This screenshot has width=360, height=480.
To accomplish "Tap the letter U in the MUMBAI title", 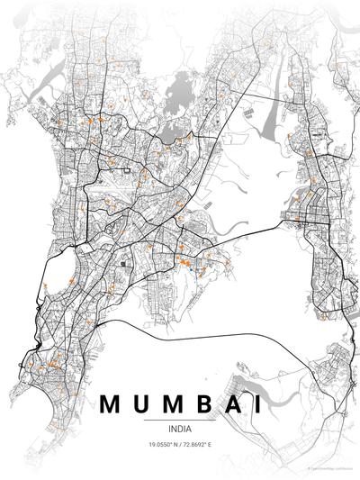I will [143, 404].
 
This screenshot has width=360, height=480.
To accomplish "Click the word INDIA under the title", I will [180, 428].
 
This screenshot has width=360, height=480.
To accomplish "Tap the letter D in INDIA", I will [180, 428].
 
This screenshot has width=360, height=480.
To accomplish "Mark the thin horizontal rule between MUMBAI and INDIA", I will [180, 419].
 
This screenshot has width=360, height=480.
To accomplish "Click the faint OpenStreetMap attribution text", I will [331, 468].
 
